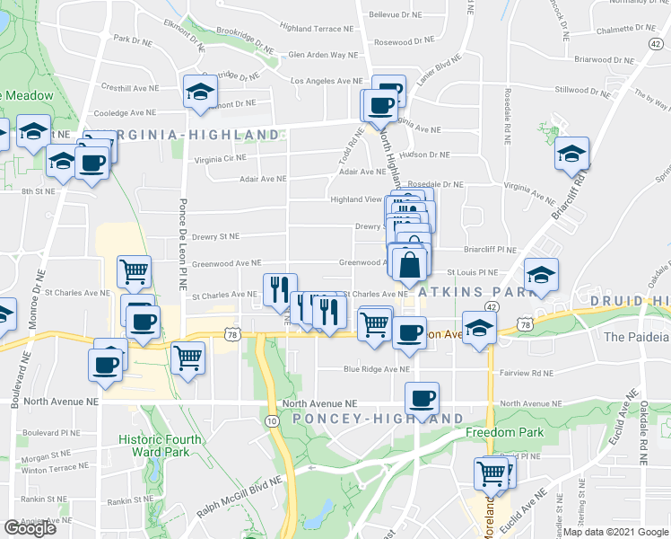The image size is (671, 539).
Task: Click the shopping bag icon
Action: (x=409, y=267)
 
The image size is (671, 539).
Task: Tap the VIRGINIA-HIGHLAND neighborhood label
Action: (x=193, y=135)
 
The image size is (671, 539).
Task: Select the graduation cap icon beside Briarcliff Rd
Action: (x=571, y=154)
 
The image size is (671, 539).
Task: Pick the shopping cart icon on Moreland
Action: (x=492, y=473)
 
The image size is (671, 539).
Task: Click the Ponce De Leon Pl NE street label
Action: (x=183, y=235)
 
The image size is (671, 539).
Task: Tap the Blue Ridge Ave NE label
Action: (x=382, y=369)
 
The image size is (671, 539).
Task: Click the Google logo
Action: (x=30, y=528)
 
